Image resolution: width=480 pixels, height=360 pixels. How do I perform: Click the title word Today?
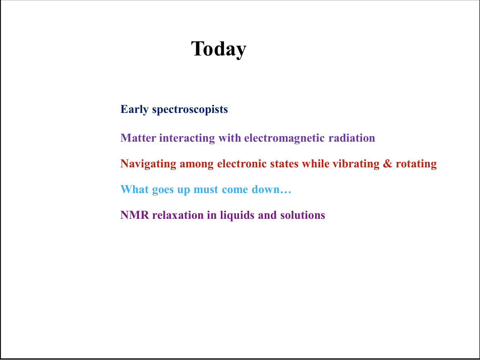point(219,49)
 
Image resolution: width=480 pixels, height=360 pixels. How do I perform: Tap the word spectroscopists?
point(190,109)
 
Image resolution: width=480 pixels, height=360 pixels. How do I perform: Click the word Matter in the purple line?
point(138,138)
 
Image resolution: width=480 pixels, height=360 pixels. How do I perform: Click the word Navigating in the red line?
point(148,164)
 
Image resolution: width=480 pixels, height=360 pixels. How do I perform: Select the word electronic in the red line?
point(242,164)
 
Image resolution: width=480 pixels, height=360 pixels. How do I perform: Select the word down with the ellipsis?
point(272,190)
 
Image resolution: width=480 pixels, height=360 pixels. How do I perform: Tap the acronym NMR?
point(135,215)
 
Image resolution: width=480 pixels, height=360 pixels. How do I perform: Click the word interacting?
point(187,138)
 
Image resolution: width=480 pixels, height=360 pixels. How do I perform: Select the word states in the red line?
point(284,164)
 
